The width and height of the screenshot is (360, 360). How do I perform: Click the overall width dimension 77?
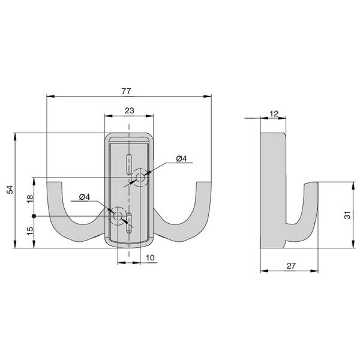coord(126,91)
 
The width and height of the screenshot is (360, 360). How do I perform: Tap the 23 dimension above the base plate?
coord(129,110)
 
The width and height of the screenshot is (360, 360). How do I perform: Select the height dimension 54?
coord(10,190)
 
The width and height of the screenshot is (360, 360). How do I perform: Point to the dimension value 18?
coord(30,199)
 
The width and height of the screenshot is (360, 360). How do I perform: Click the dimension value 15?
coord(30,231)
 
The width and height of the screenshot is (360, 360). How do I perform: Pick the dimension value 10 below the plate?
coord(150,257)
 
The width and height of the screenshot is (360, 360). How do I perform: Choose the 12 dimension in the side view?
coord(274,113)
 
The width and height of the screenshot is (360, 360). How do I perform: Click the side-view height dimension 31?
coord(347,215)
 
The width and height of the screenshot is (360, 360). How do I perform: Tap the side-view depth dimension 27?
coord(291,266)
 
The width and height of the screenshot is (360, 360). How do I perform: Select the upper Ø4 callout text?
coord(182,158)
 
